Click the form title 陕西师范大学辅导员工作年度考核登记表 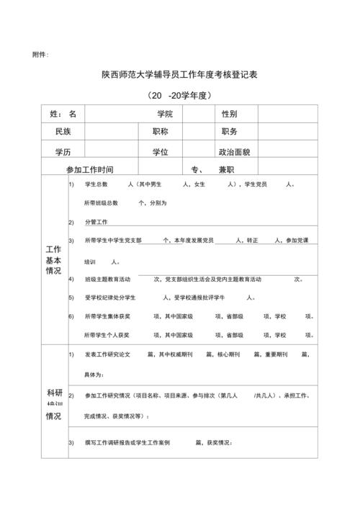(x=180, y=74)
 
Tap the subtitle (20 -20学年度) (x=180, y=96)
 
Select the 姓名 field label (x=63, y=114)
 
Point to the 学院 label (x=165, y=114)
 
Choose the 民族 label (x=63, y=132)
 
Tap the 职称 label (x=160, y=132)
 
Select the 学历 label (x=63, y=152)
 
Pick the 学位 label (x=160, y=152)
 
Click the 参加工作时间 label (x=90, y=169)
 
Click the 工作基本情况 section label (x=53, y=260)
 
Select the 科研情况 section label (x=53, y=404)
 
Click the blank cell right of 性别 (x=287, y=114)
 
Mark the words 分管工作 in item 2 (x=96, y=221)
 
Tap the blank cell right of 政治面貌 (x=287, y=152)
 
